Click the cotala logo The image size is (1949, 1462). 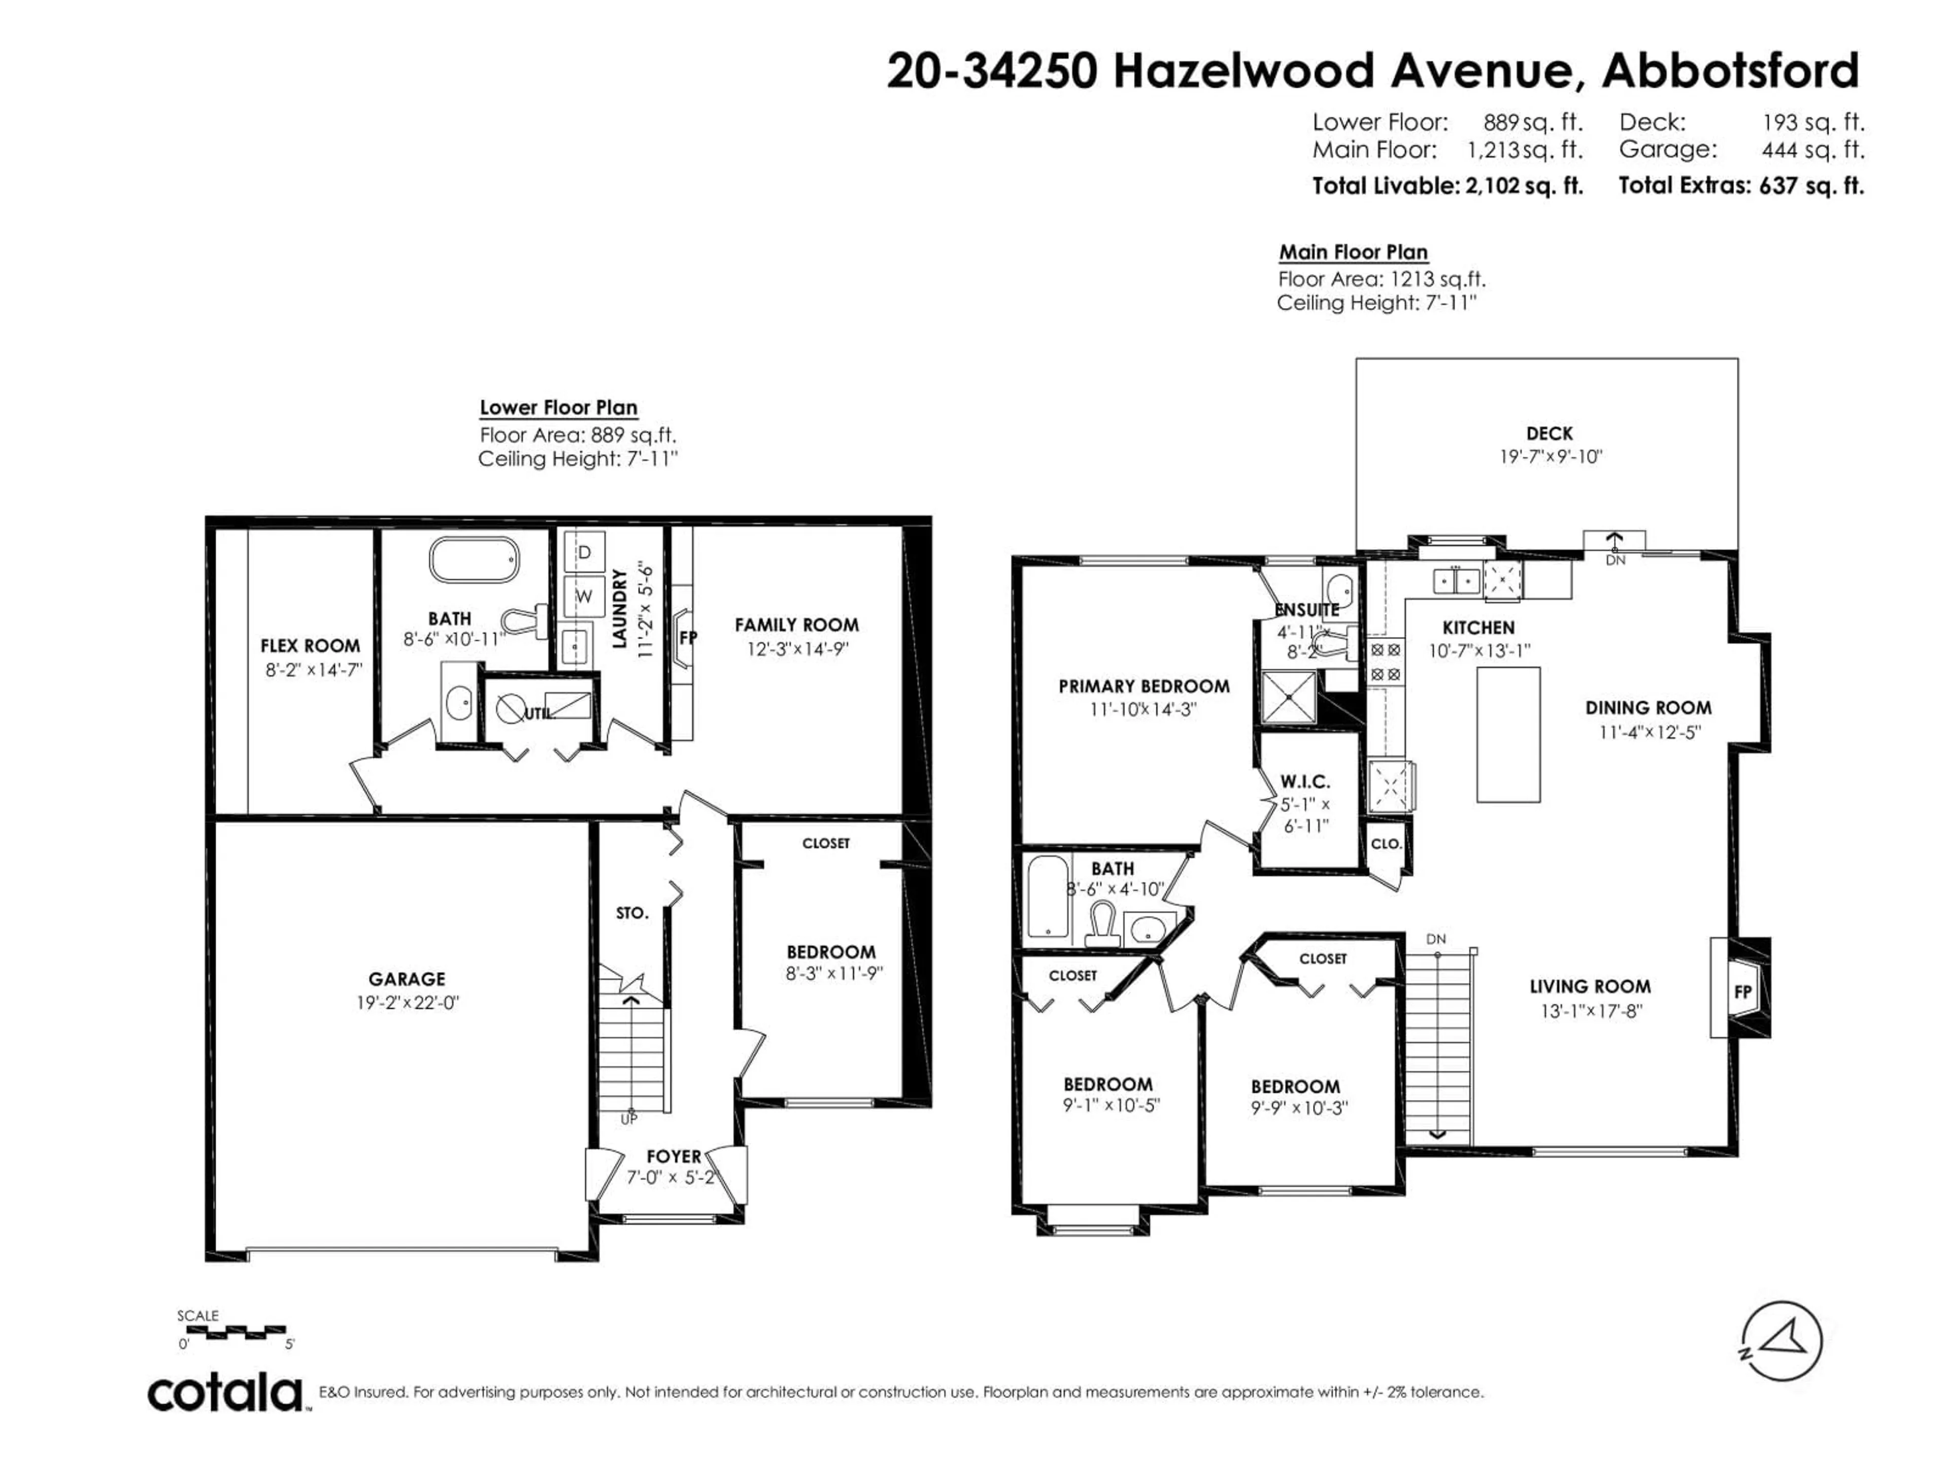click(225, 1393)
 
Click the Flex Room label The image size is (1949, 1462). click(310, 646)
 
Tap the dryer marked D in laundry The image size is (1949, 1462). click(583, 552)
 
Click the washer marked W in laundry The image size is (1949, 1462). click(583, 596)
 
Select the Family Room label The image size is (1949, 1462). click(796, 625)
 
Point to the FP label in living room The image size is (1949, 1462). click(1742, 991)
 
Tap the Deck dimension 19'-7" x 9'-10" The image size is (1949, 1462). click(1550, 456)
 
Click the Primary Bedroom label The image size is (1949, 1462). click(1143, 686)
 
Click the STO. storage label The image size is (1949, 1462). click(632, 913)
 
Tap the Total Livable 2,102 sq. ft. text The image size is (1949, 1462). click(1447, 186)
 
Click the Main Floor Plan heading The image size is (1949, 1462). click(1353, 252)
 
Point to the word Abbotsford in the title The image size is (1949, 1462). click(1730, 71)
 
